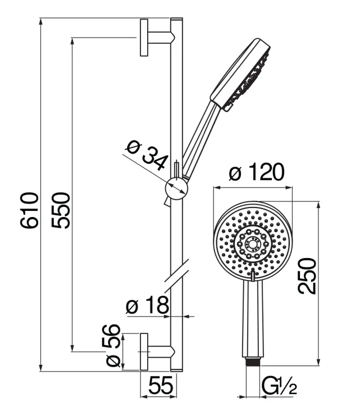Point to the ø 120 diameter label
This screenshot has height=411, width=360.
tap(256, 173)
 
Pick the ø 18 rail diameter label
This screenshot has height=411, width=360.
tap(147, 306)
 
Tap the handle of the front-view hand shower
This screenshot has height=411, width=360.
tap(253, 320)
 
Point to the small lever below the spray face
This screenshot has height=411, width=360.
tap(254, 275)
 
